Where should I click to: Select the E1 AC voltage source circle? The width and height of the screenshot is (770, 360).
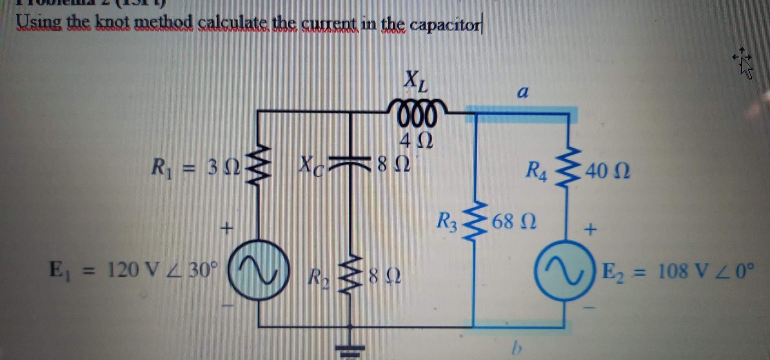click(259, 271)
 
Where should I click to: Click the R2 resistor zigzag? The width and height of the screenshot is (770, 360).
click(350, 277)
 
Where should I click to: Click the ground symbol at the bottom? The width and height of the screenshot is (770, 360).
click(349, 349)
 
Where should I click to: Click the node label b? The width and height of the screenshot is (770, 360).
click(517, 348)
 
